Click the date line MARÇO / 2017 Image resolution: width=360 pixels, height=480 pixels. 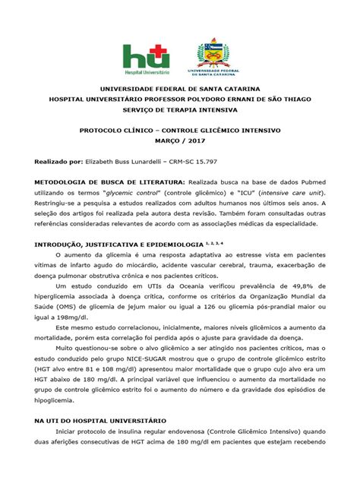180,141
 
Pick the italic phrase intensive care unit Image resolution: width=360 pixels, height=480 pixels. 282,194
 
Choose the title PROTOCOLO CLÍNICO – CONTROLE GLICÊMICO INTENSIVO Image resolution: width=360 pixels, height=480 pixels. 180,131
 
